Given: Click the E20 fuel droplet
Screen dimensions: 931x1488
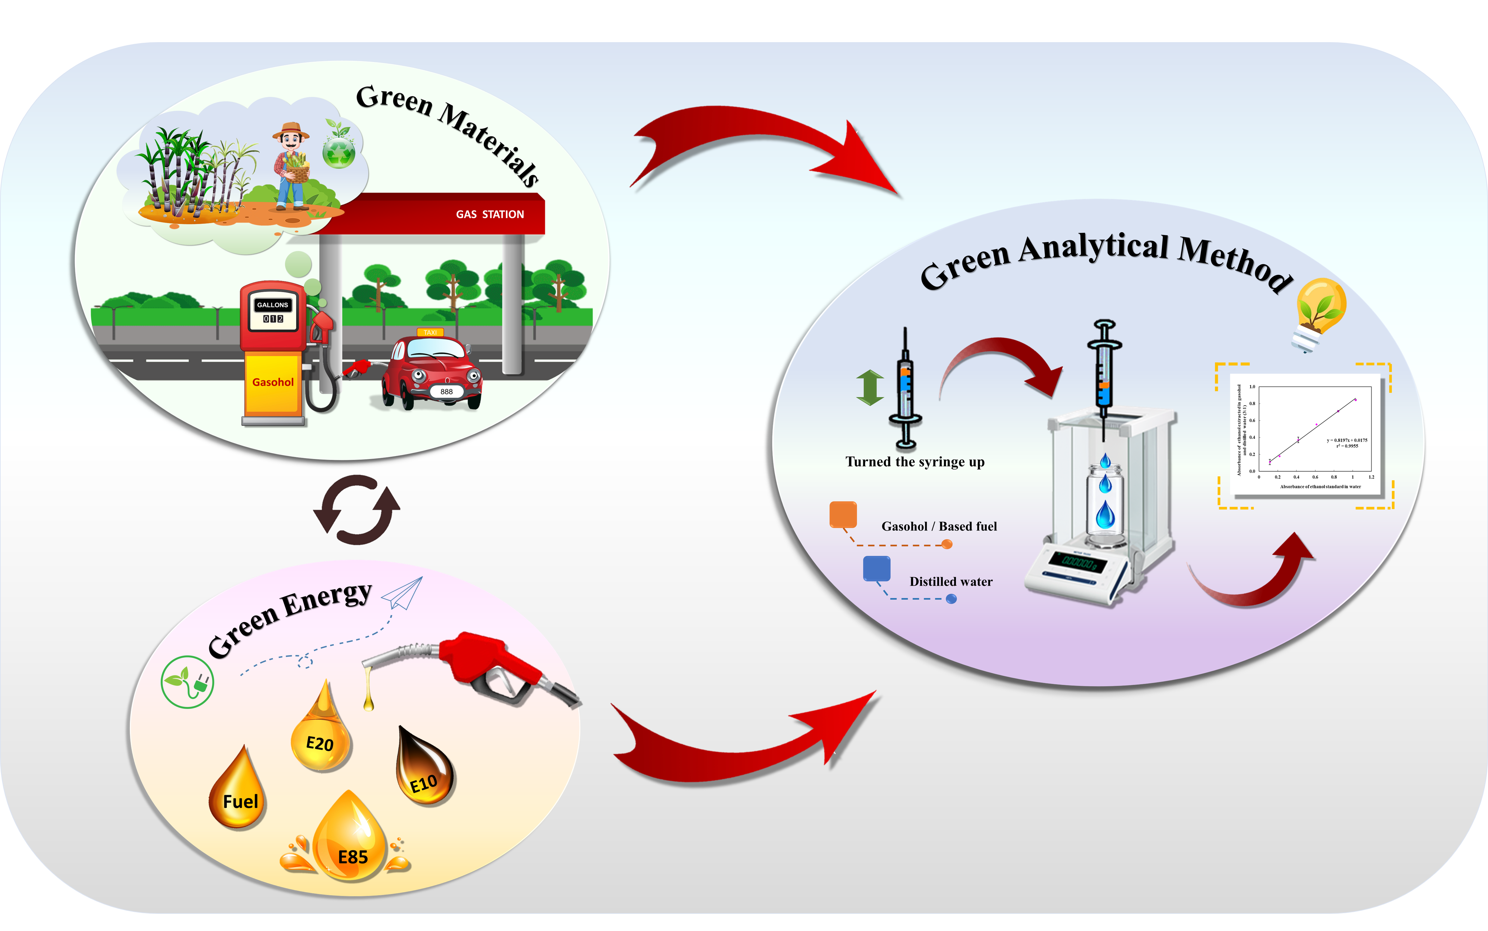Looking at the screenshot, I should pos(320,736).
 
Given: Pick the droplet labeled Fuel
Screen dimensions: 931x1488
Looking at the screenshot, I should pos(239,794).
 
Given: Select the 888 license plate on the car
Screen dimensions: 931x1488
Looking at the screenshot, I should pos(446,392).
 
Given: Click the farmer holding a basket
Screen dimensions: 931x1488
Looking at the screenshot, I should pos(291,166).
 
